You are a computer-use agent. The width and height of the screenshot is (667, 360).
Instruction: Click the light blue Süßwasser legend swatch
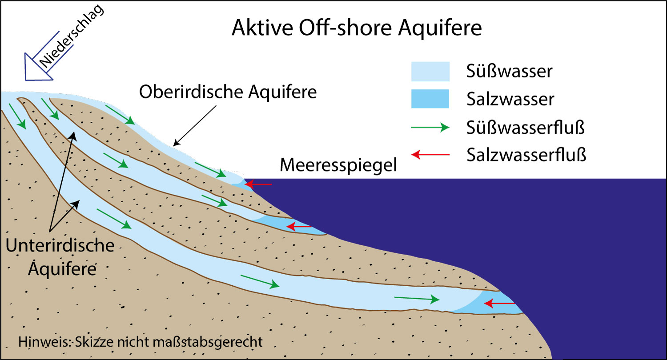coord(430,71)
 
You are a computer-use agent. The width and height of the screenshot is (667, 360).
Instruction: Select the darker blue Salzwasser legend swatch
coord(430,99)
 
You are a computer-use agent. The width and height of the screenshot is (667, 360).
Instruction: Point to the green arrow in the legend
coord(430,128)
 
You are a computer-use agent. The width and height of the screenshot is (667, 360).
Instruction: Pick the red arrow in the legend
coord(430,155)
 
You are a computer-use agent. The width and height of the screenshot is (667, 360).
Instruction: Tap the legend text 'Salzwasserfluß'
coord(526,155)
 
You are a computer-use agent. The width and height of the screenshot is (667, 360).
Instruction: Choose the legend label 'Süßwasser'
coord(509,71)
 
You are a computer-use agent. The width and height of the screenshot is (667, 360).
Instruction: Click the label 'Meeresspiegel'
coord(338,165)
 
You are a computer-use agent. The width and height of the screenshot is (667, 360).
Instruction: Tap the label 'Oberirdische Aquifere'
coord(228,92)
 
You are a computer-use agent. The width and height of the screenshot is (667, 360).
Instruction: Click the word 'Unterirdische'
coord(60,246)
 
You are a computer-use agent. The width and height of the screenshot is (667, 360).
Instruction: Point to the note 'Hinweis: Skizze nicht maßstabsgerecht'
coord(141,343)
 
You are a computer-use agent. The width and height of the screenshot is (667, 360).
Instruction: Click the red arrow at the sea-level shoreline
coord(259,183)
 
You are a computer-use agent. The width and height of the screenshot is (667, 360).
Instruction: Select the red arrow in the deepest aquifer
coord(499,304)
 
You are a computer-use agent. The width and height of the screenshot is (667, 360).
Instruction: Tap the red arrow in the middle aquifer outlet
coord(299,227)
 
